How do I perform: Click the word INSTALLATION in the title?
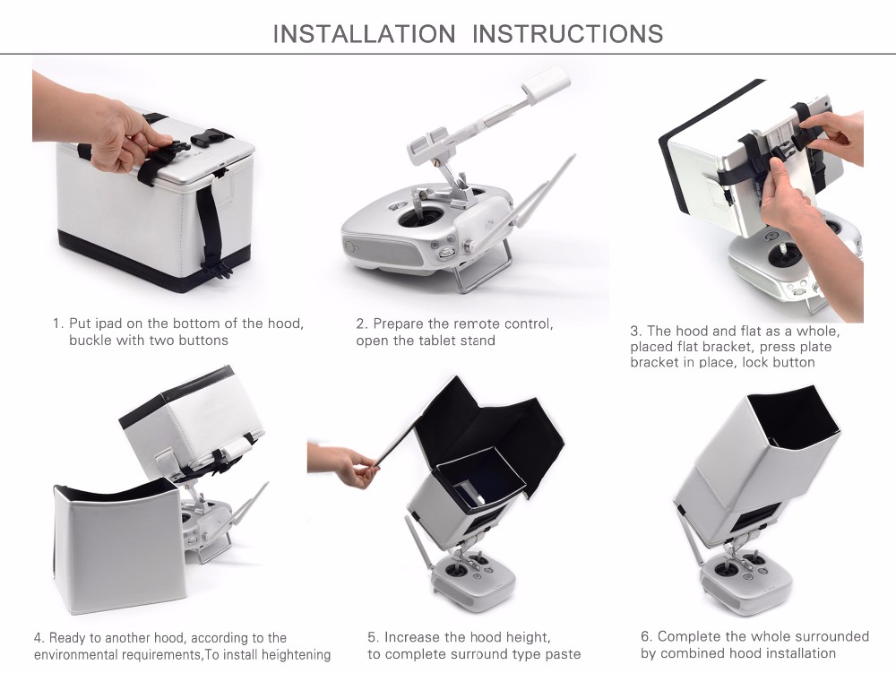coord(364,34)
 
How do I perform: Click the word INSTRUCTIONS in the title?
coord(567,34)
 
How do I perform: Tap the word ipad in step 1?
coord(108,324)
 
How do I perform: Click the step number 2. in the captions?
coord(362,324)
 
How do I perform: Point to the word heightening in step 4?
coord(296,655)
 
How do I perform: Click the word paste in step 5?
coord(563,654)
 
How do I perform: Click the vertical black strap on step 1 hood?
coord(211,229)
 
